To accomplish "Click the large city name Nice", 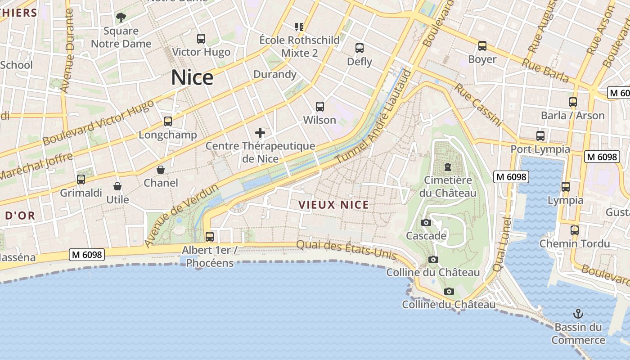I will (x=192, y=78).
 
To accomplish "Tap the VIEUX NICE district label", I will (x=334, y=205).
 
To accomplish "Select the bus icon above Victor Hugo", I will (x=201, y=39).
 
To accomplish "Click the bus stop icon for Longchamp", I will (x=168, y=121).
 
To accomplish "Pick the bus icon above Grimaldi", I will (x=81, y=180).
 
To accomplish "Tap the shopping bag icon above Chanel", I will (x=161, y=170).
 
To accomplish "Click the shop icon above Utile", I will (x=117, y=186).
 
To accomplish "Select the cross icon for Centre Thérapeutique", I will (x=260, y=133).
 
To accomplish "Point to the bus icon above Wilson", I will (x=320, y=107).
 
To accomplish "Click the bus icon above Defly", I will (x=360, y=48).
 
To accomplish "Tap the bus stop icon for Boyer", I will (x=482, y=46).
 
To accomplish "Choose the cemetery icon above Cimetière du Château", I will (x=448, y=167).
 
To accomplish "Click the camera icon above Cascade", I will (x=426, y=222).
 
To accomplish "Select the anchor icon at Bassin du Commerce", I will (x=578, y=313).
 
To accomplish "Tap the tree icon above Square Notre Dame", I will (x=121, y=18).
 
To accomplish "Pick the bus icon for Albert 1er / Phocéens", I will (x=210, y=236).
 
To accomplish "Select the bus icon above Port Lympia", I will (x=540, y=135).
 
